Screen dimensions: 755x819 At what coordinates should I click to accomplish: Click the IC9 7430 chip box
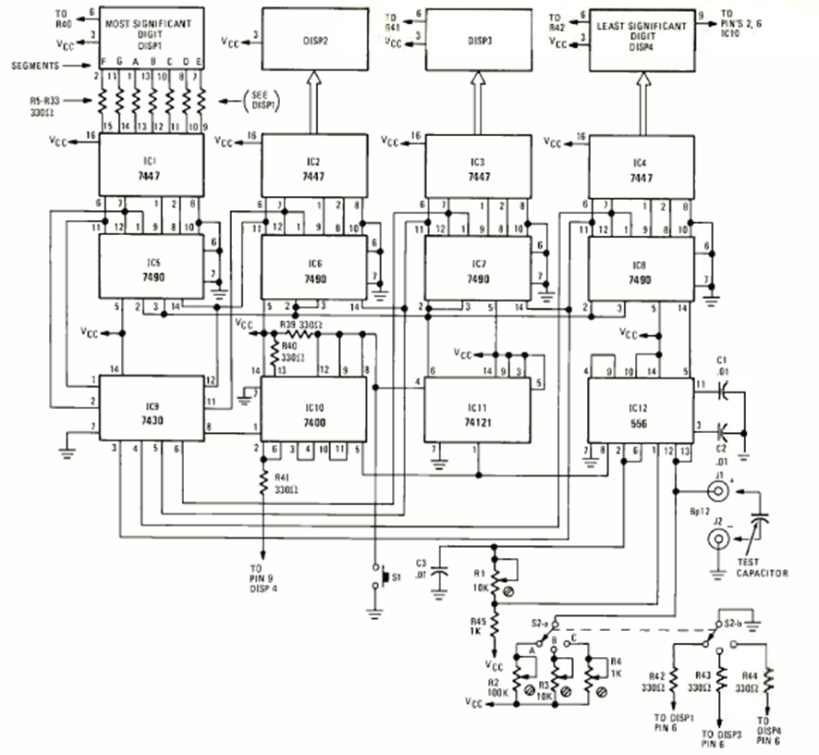tap(152, 408)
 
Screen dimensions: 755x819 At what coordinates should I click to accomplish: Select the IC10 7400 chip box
tap(312, 408)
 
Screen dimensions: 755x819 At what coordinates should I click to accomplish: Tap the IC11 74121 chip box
tap(477, 408)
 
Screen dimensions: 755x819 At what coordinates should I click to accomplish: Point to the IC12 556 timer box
tap(640, 408)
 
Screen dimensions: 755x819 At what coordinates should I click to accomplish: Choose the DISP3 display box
tap(478, 41)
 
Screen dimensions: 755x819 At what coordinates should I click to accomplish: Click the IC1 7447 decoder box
tap(152, 164)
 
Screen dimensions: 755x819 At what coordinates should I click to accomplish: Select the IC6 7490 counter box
tap(314, 267)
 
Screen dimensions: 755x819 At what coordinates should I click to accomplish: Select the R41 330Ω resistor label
tap(284, 482)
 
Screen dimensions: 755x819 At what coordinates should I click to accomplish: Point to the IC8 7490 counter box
tap(640, 267)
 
